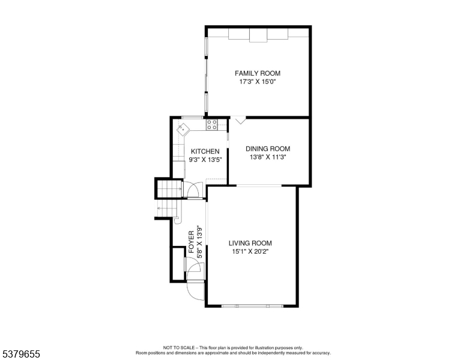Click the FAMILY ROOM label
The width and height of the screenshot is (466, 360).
tap(258, 73)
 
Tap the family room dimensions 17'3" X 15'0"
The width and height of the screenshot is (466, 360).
tap(258, 82)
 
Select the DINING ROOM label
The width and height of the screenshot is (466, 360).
tap(268, 149)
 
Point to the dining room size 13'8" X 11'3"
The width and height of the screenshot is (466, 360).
tap(268, 157)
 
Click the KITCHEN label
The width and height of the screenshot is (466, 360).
tap(205, 151)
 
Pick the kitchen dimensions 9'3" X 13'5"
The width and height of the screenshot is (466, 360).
tap(205, 160)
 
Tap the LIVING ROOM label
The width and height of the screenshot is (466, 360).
tap(250, 243)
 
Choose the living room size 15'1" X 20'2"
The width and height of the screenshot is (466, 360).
tap(250, 251)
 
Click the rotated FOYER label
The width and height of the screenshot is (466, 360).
tap(192, 242)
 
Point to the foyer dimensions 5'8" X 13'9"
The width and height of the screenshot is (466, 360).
tap(200, 242)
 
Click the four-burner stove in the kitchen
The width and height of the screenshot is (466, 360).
tap(212, 124)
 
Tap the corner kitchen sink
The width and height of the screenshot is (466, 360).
tap(183, 128)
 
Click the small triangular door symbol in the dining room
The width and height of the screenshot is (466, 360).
tap(240, 121)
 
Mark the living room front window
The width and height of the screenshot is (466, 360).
tap(252, 305)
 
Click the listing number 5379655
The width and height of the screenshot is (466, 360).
tap(21, 354)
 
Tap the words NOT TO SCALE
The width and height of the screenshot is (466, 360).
tap(179, 347)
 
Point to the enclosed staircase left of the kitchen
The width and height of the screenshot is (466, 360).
tap(169, 188)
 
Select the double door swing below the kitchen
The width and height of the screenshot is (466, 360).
tap(193, 189)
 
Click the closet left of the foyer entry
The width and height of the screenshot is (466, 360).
tap(178, 264)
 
